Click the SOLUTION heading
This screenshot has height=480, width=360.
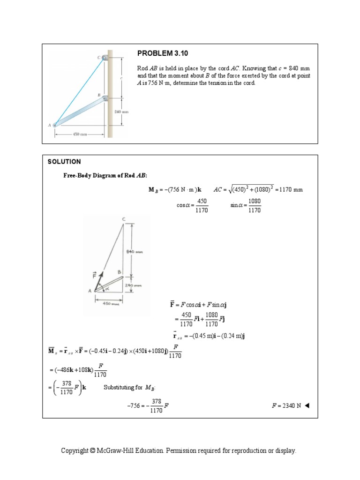click(x=64, y=162)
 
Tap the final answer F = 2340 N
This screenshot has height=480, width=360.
click(x=285, y=406)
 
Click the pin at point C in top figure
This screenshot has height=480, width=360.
click(x=105, y=58)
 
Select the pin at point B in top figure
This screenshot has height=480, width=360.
click(x=105, y=98)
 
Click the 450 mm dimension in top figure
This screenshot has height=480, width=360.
click(x=79, y=134)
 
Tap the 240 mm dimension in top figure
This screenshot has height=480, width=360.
click(x=121, y=112)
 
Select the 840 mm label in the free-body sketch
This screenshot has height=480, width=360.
click(x=135, y=252)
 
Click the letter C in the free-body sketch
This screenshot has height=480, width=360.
click(x=124, y=219)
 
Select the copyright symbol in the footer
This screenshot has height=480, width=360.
click(x=93, y=450)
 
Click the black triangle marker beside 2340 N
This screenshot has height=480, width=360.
click(x=307, y=406)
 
